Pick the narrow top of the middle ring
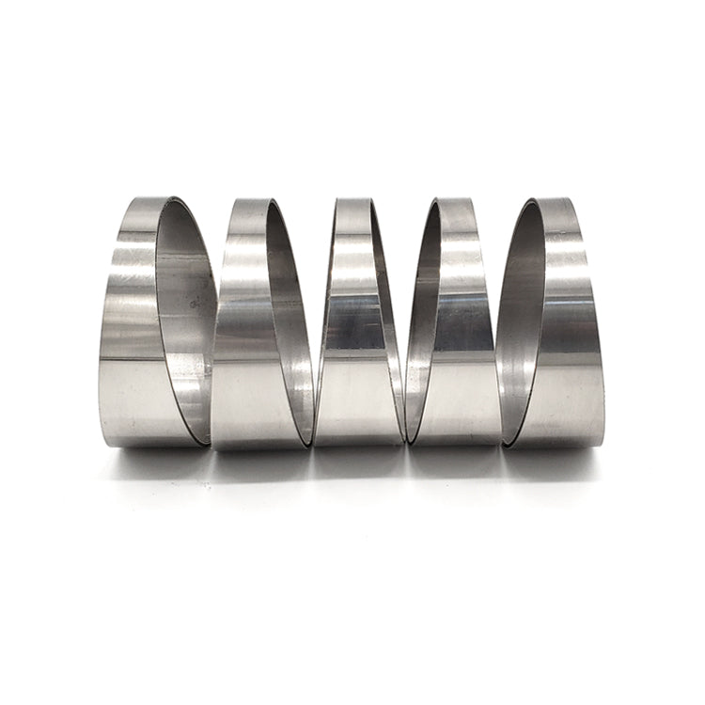pos(352,207)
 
